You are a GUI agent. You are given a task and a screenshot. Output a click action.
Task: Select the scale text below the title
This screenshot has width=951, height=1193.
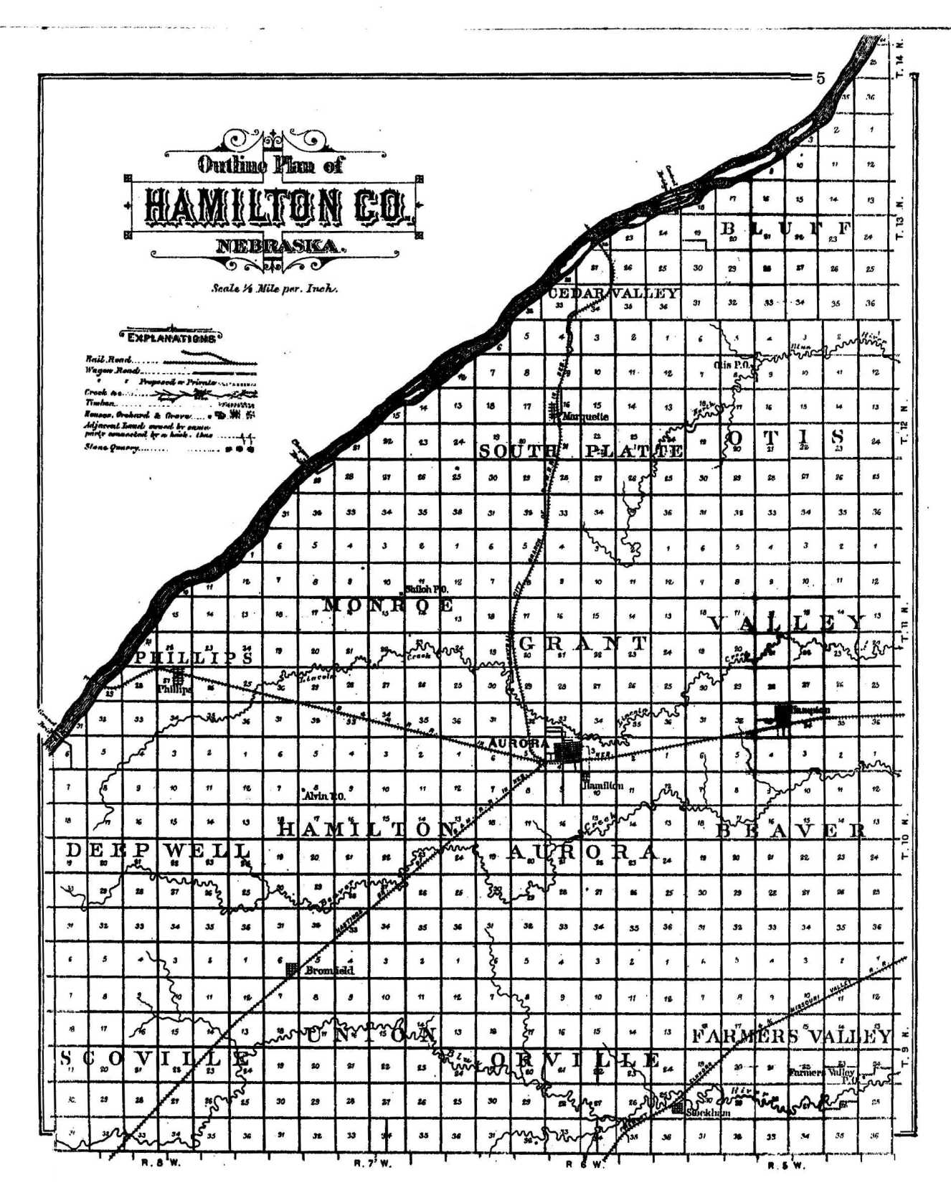click(274, 289)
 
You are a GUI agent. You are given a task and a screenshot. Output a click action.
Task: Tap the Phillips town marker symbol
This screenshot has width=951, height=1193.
click(177, 675)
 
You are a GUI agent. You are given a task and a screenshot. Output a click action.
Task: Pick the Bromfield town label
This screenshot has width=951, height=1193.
click(328, 971)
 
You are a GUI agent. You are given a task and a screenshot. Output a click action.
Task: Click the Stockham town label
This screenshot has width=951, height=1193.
click(708, 1112)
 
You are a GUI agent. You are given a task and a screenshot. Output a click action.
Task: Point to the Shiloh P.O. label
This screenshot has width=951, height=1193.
click(427, 588)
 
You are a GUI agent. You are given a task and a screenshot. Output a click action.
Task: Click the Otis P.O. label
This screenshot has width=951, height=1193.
click(732, 365)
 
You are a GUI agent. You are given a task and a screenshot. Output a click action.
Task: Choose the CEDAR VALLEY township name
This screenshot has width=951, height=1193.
click(612, 293)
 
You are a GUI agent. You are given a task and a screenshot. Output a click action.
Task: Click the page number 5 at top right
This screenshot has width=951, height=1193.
click(820, 78)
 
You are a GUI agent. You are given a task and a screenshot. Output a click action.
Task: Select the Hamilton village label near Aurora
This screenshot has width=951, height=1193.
click(602, 786)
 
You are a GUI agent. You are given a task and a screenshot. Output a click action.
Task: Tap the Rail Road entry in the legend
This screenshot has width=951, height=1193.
click(108, 359)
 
